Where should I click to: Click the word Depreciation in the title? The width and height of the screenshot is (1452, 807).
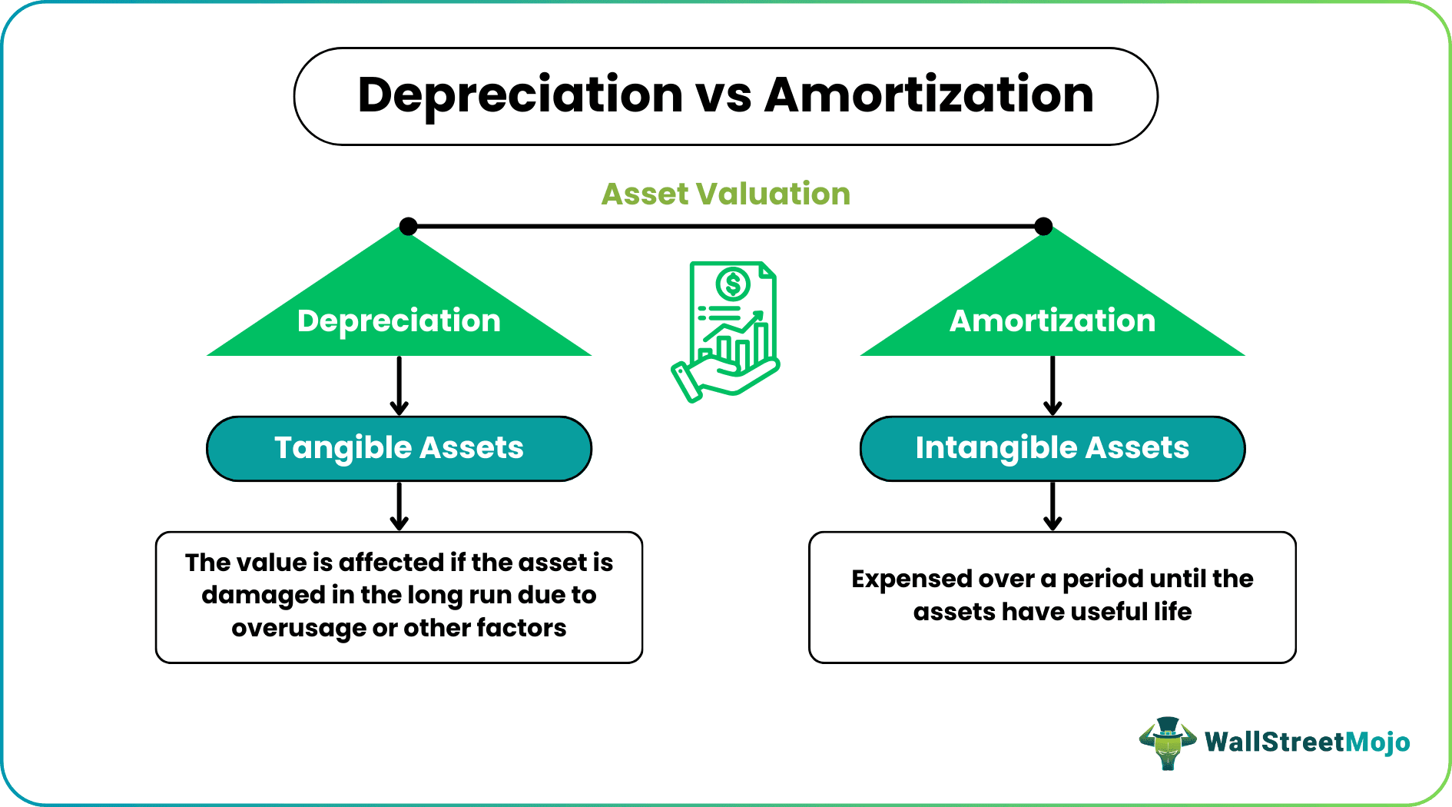tap(520, 96)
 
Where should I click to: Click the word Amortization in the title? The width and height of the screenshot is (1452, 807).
tap(929, 96)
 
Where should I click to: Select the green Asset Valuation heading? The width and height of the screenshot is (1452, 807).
tap(725, 194)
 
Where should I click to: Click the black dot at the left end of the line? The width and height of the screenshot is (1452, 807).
tap(409, 226)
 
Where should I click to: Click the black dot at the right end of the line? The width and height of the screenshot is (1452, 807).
tap(1043, 226)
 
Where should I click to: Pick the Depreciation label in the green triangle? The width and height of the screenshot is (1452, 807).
tap(399, 320)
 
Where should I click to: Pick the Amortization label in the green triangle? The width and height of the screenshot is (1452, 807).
tap(1052, 320)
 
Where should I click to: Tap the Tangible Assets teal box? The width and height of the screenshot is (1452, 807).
tap(399, 448)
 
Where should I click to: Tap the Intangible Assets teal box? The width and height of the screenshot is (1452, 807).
tap(1052, 448)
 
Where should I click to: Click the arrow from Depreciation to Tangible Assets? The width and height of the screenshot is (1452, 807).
tap(399, 387)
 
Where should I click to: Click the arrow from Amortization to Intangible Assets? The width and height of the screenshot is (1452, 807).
tap(1053, 387)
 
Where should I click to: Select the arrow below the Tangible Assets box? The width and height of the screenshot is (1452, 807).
tap(399, 506)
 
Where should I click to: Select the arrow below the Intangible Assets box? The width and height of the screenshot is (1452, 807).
tap(1053, 506)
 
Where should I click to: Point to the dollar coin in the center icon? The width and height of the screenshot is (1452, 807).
tap(732, 284)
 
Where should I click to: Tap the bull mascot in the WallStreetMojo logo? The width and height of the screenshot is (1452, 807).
tap(1168, 742)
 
